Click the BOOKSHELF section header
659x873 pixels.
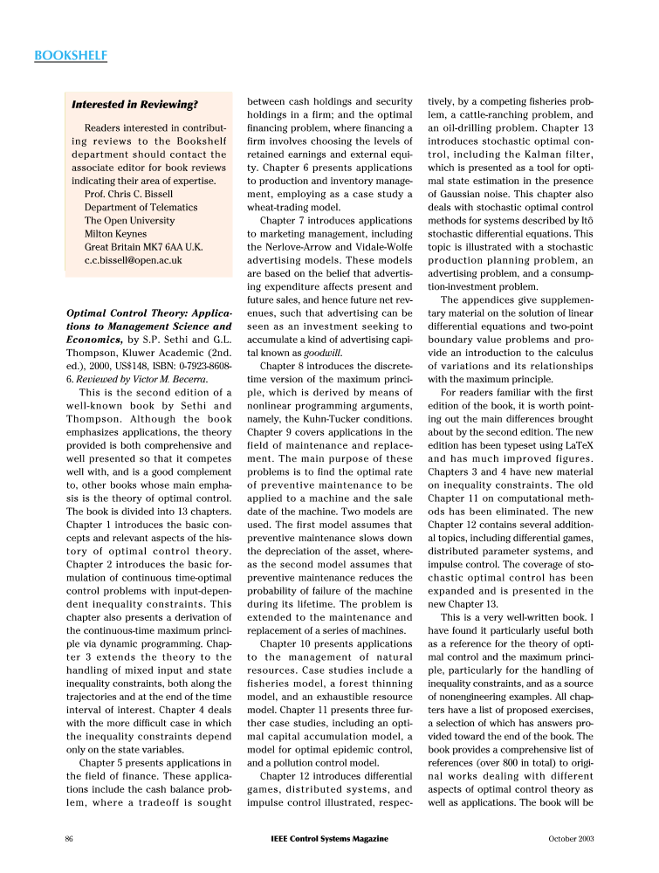pos(70,56)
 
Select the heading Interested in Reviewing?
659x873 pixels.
pos(134,105)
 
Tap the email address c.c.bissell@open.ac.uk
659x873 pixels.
pos(133,260)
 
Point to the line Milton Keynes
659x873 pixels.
pos(117,234)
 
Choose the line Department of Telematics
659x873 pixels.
pos(141,208)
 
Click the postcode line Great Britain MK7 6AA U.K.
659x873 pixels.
pos(143,247)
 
